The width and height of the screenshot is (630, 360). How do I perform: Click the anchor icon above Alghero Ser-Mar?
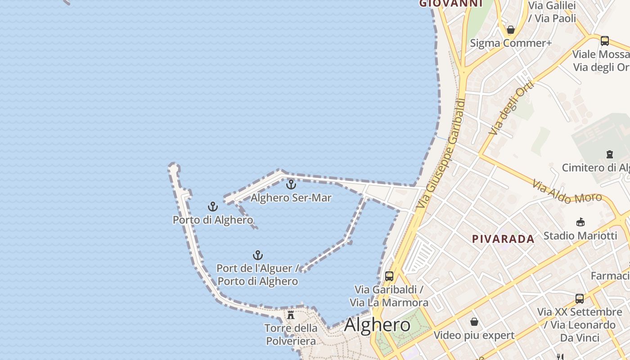pyautogui.click(x=291, y=184)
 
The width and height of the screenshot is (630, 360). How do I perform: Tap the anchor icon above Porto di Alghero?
pyautogui.click(x=212, y=207)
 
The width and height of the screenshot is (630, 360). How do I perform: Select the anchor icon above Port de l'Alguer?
pyautogui.click(x=257, y=256)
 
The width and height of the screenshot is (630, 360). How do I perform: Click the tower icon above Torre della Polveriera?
pyautogui.click(x=291, y=315)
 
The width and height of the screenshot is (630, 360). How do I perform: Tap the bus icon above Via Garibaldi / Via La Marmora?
pyautogui.click(x=389, y=276)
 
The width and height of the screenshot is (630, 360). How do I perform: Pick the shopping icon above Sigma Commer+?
pyautogui.click(x=511, y=30)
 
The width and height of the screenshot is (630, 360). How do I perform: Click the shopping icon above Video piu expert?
pyautogui.click(x=474, y=322)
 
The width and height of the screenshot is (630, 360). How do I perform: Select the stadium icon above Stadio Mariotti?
pyautogui.click(x=580, y=222)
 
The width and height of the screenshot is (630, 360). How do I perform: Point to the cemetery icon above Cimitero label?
pyautogui.click(x=610, y=154)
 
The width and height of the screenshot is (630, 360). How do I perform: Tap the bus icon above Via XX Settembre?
pyautogui.click(x=580, y=298)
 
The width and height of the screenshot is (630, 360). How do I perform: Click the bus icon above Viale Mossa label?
pyautogui.click(x=605, y=41)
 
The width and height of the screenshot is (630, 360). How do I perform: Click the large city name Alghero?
pyautogui.click(x=377, y=325)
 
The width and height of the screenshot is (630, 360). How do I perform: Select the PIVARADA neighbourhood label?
pyautogui.click(x=503, y=239)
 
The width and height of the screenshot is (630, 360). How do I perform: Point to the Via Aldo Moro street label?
pyautogui.click(x=567, y=192)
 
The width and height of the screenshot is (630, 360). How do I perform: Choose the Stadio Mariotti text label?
pyautogui.click(x=580, y=235)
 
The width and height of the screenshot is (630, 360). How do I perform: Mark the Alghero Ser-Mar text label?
pyautogui.click(x=291, y=198)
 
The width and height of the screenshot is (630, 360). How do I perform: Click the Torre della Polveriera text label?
pyautogui.click(x=291, y=334)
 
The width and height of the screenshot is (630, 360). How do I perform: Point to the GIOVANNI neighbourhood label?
pyautogui.click(x=450, y=4)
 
